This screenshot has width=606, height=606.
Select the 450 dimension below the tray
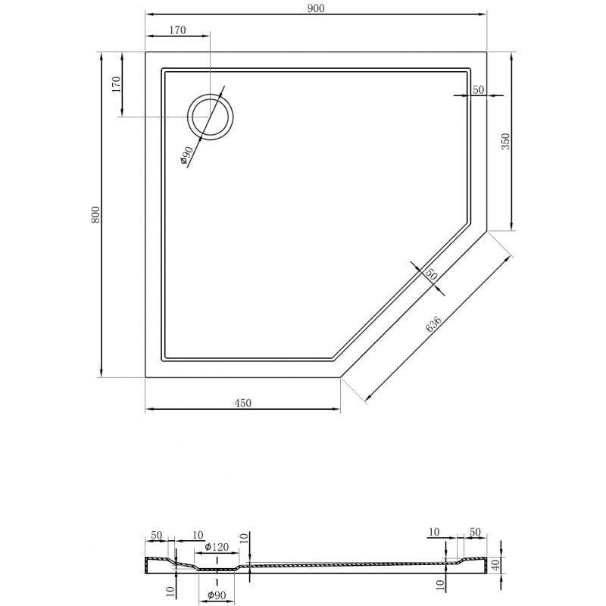point(242,403)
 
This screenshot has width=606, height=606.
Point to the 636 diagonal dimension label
point(434,323)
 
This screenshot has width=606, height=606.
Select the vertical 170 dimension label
point(115,84)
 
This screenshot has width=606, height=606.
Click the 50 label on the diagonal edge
point(430,275)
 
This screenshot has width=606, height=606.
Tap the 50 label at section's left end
point(156,535)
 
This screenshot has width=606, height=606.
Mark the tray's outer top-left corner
point(145,52)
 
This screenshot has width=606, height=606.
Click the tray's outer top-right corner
point(486,52)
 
